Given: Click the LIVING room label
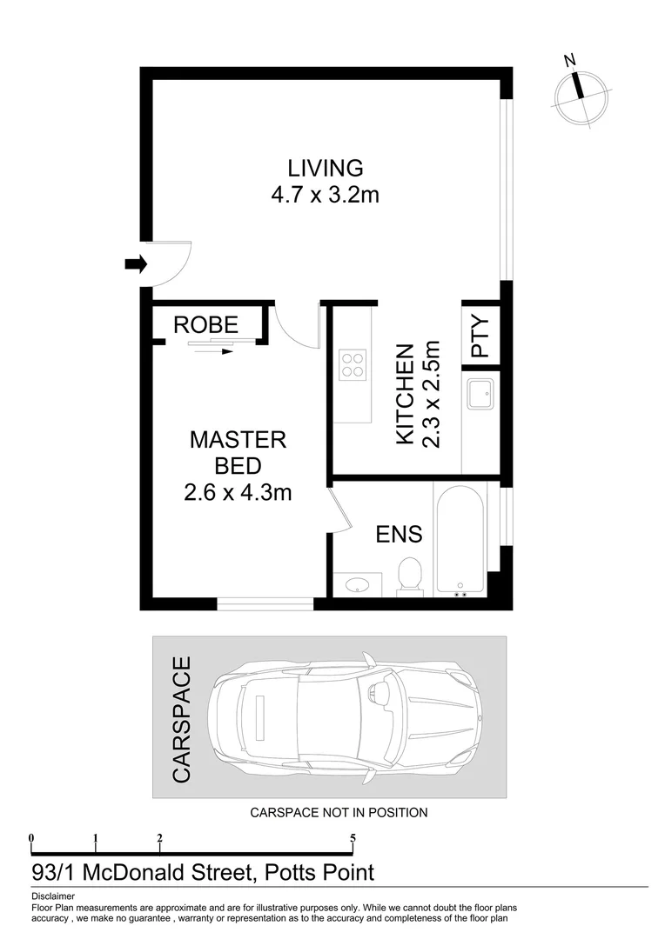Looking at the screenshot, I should coord(326,167).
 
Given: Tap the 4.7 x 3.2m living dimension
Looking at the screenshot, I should coord(326,195).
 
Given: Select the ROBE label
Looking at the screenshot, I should coord(205,325).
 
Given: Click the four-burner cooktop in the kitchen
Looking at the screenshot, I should coord(353,363).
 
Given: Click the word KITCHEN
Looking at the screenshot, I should coord(405,395).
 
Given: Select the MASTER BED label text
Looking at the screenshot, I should coord(238,452).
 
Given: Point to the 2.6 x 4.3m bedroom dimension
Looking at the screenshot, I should coord(238,493).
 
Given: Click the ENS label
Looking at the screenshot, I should coord(399,534).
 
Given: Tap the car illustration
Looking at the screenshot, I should coord(345,717).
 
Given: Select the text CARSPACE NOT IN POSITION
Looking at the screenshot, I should coord(339,813).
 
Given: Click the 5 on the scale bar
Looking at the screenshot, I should coord(353,839).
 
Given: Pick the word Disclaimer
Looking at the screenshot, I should coord(53,896).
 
